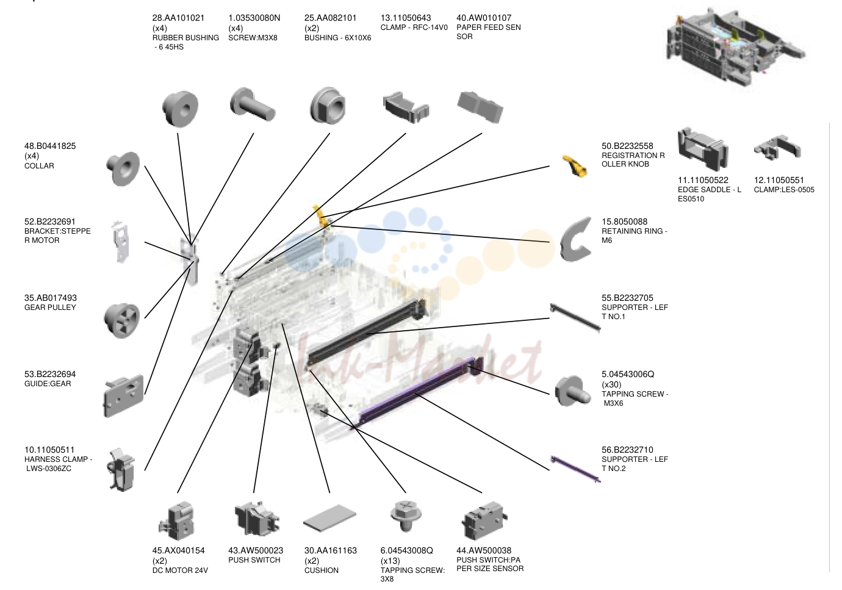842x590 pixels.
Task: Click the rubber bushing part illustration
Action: [180, 108]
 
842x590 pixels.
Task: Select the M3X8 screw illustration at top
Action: [252, 104]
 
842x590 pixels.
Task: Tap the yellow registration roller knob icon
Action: [575, 166]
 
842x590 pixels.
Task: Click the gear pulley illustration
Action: [122, 320]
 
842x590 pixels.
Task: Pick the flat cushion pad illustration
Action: [329, 518]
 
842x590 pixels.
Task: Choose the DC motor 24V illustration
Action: [177, 521]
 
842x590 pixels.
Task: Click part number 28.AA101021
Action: [178, 18]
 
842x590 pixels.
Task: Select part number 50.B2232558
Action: [627, 146]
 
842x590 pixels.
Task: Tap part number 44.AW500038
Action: [484, 550]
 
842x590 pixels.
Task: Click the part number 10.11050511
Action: [49, 450]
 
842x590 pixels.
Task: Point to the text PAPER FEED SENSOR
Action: [488, 32]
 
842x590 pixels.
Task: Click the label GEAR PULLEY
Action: [50, 308]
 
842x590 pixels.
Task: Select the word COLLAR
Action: [39, 166]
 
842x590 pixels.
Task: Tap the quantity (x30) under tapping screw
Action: [611, 384]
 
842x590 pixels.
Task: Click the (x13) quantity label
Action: [390, 561]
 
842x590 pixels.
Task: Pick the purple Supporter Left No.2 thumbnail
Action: [575, 469]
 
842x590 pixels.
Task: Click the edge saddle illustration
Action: [702, 149]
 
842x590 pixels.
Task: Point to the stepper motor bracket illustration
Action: [121, 242]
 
